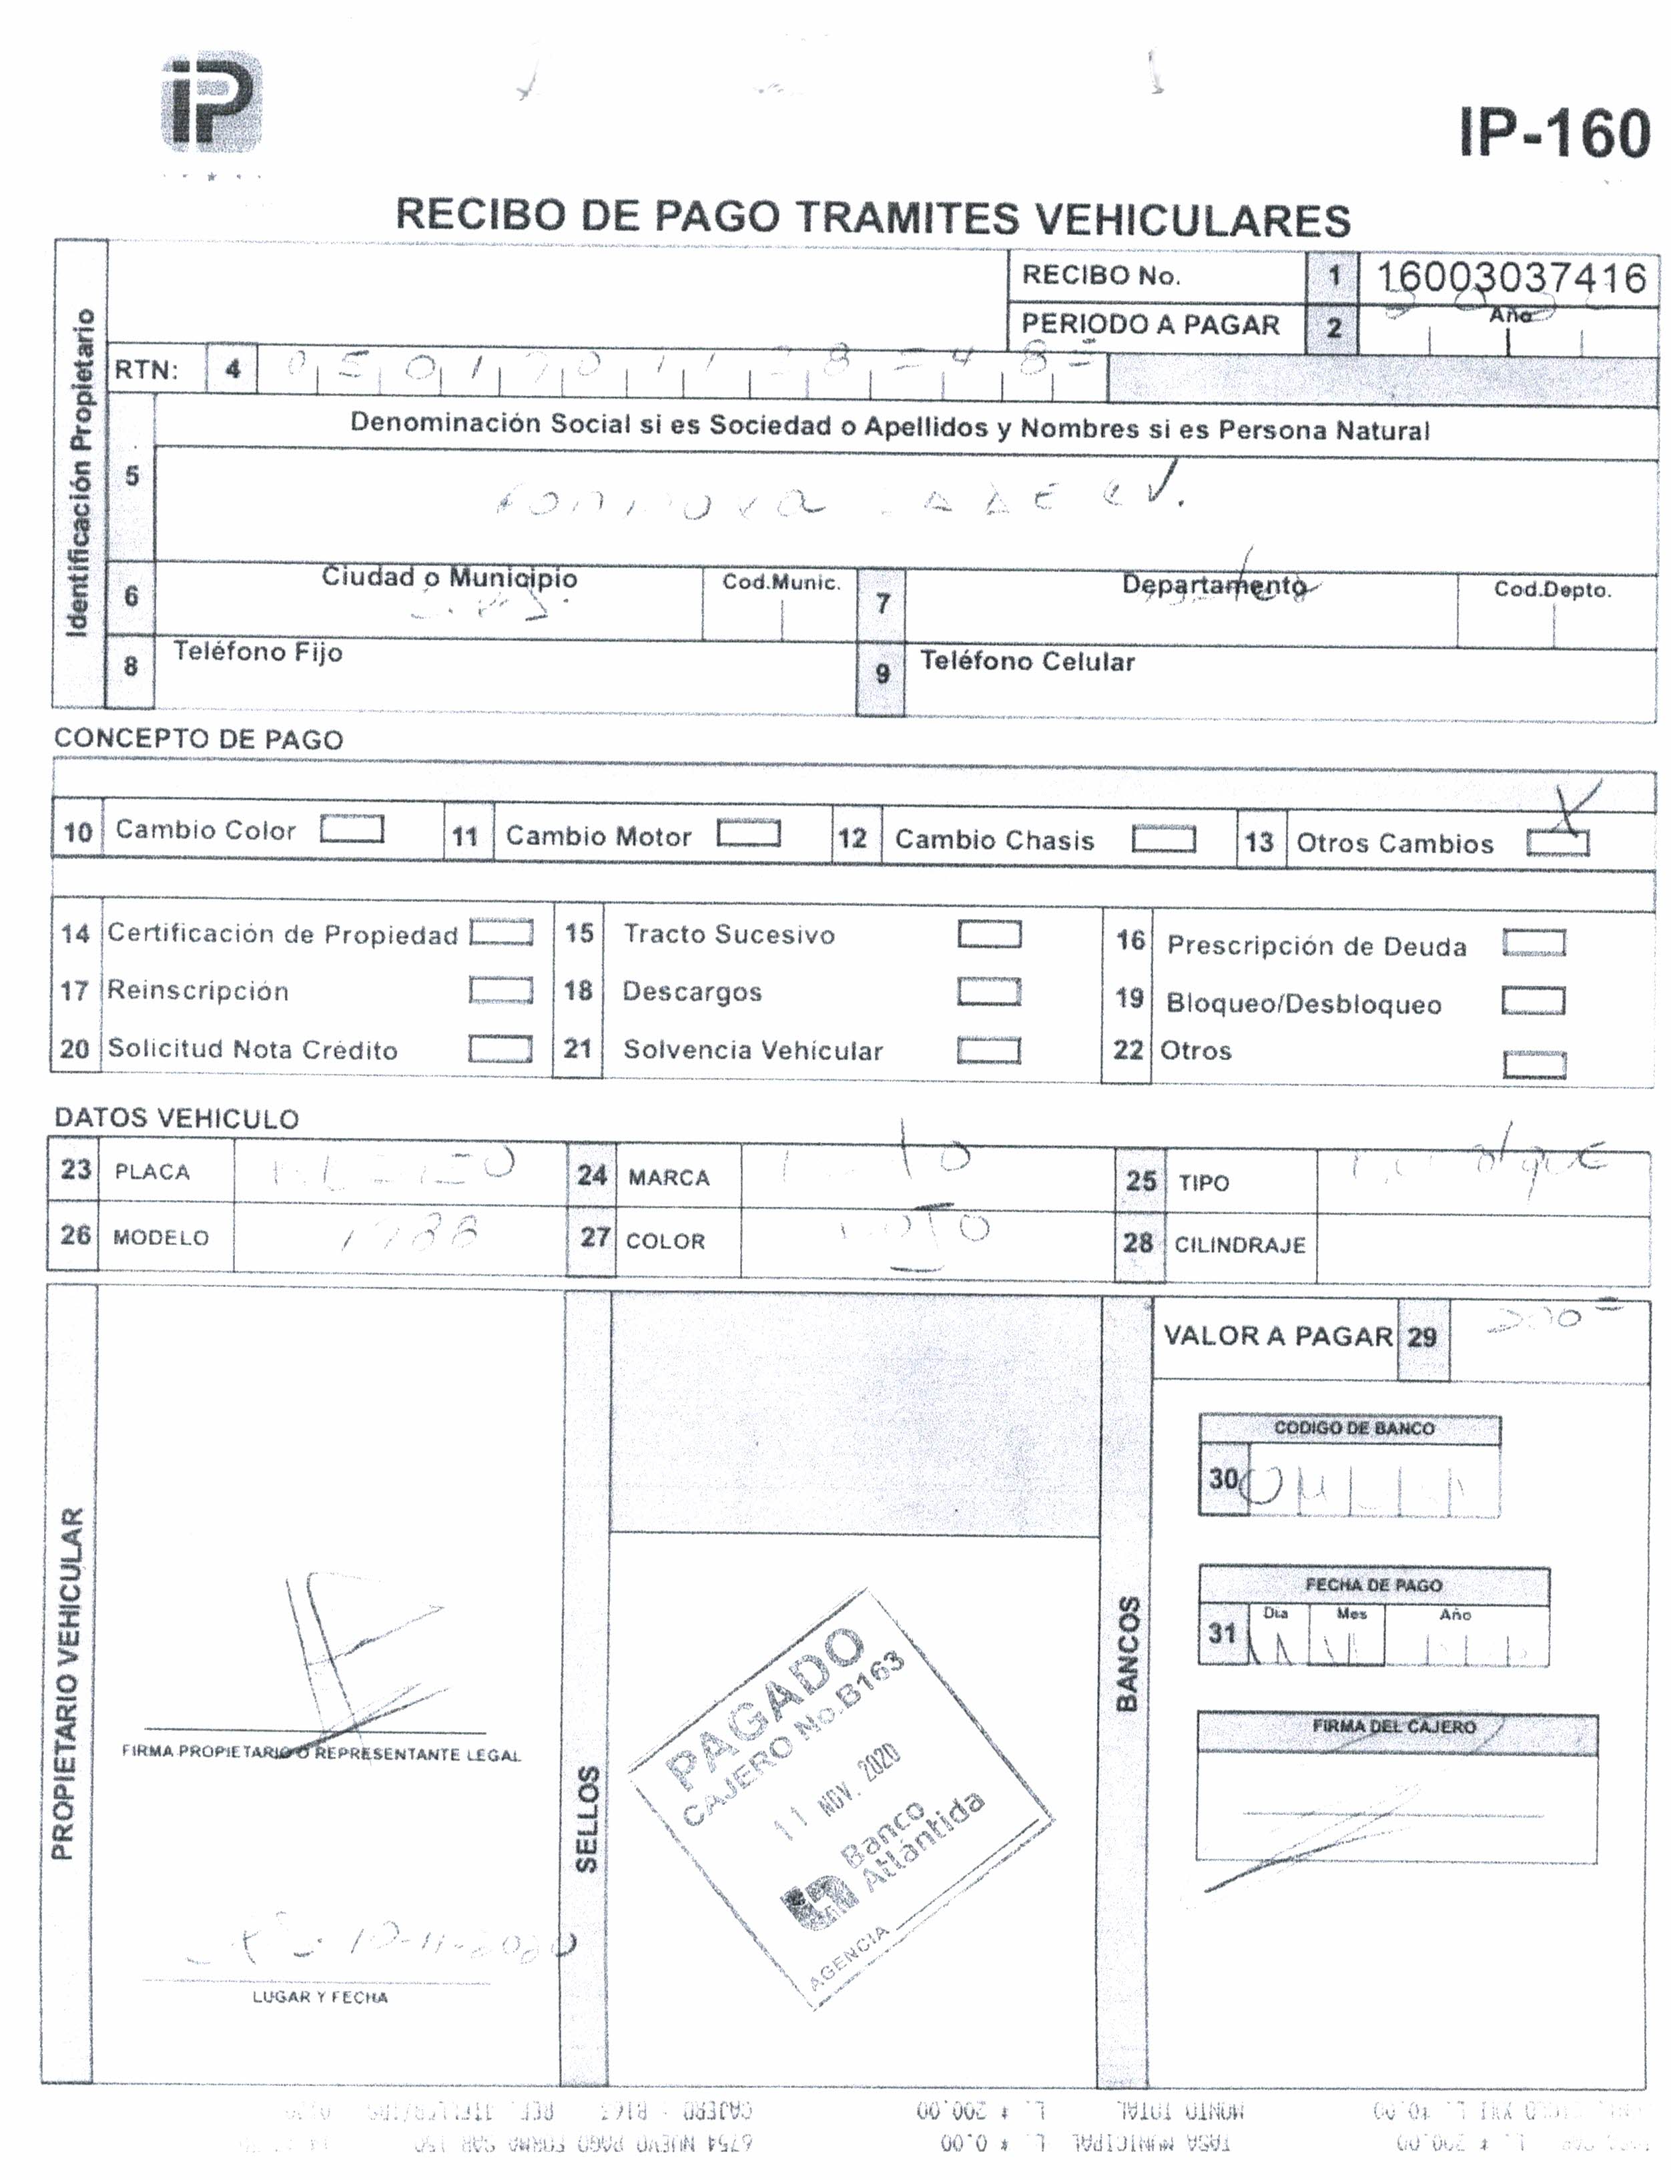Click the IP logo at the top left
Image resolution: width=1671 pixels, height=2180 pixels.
tap(212, 103)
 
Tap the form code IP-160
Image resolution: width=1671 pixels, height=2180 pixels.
tap(1554, 133)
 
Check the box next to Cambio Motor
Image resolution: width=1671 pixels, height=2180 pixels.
tap(748, 834)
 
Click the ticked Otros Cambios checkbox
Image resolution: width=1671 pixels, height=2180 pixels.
tap(1558, 843)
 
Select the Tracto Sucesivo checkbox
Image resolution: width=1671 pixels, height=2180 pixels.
tap(989, 934)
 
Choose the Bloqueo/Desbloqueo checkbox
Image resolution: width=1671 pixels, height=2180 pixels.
tap(1533, 1001)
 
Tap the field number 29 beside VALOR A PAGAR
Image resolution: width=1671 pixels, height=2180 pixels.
tap(1421, 1337)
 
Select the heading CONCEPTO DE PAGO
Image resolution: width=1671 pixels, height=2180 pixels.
tap(198, 740)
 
